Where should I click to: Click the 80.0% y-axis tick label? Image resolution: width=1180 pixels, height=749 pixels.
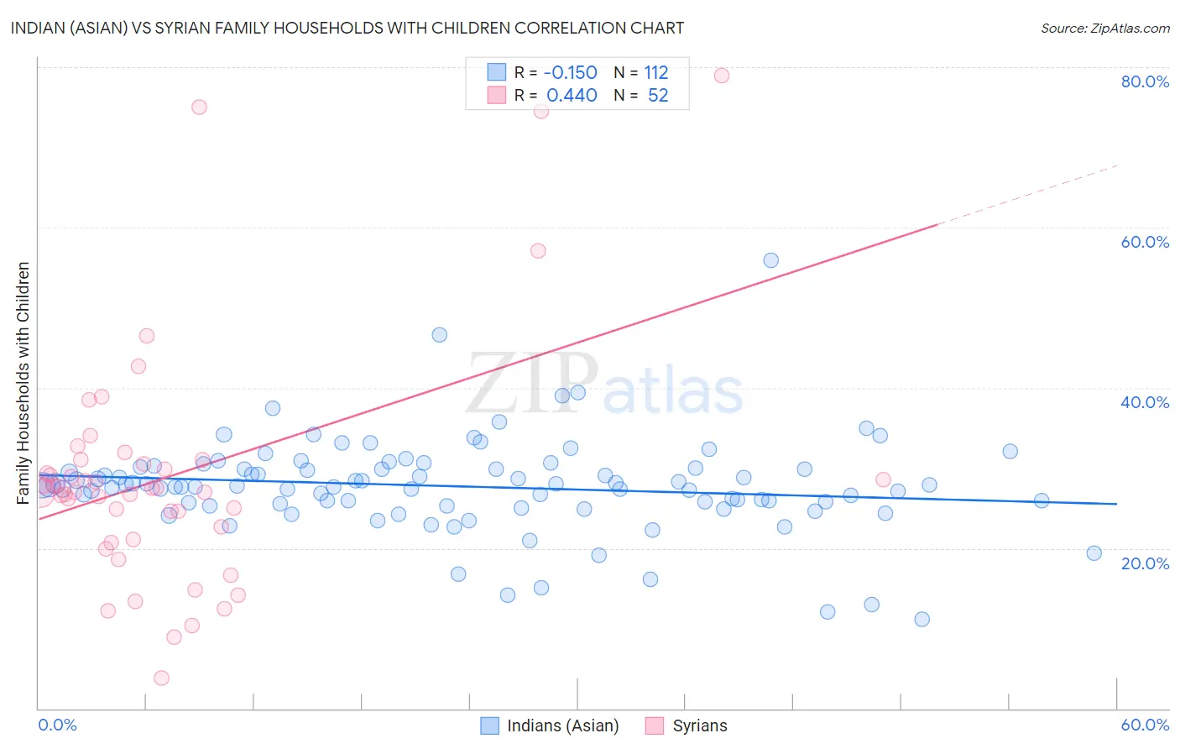[x=1145, y=81]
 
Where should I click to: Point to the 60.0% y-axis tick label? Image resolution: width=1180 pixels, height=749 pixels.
[x=1145, y=242]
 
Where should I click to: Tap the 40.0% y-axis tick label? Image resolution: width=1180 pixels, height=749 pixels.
[x=1145, y=402]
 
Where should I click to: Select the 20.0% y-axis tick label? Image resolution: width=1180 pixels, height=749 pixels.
[x=1145, y=563]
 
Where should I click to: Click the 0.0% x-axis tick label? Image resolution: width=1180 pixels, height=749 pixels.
[x=57, y=725]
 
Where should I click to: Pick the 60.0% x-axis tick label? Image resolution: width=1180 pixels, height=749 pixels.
[x=1145, y=725]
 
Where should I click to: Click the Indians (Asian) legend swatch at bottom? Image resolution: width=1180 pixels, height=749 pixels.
[x=489, y=725]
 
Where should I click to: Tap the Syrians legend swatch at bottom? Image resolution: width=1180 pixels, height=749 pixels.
[x=655, y=725]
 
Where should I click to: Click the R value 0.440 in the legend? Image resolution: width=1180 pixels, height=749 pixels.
[x=572, y=96]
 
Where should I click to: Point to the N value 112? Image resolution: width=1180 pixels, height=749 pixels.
[x=656, y=73]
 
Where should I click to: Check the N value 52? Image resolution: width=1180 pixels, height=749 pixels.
[x=658, y=96]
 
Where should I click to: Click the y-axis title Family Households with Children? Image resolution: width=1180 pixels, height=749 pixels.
[x=23, y=383]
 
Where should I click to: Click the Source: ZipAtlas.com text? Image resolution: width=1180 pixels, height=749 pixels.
[x=1104, y=29]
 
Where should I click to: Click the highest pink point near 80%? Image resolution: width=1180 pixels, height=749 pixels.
[x=721, y=76]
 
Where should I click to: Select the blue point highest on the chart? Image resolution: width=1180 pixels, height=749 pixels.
[x=770, y=260]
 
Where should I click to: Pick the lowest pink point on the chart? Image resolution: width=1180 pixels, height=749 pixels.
[x=161, y=678]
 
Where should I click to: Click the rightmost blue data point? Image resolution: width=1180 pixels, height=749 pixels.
[x=1094, y=553]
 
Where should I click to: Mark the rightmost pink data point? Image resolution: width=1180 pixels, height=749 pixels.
[x=883, y=479]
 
